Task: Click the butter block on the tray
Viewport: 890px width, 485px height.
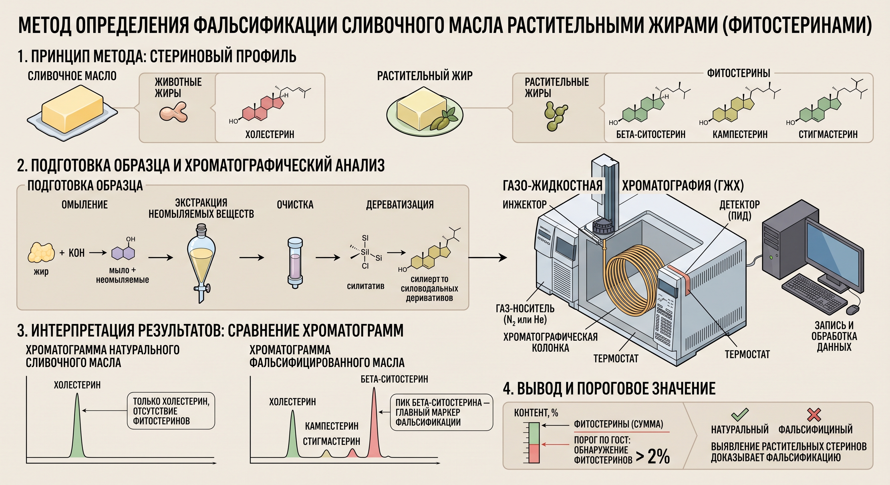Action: coord(73,109)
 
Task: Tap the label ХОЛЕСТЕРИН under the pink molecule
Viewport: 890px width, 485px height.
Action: coord(270,134)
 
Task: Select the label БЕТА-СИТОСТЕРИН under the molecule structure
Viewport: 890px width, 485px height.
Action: coord(650,134)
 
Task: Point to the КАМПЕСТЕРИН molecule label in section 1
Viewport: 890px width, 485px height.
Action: coord(740,134)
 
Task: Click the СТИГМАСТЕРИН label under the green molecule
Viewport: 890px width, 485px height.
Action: coord(828,134)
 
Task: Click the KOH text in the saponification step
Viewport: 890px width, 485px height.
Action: coord(76,253)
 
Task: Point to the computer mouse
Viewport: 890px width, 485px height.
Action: coord(853,310)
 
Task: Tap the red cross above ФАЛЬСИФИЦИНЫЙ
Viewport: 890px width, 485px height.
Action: coord(814,415)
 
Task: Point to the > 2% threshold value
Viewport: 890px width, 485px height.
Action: coord(653,456)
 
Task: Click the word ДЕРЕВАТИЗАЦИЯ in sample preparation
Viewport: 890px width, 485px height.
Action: coord(400,205)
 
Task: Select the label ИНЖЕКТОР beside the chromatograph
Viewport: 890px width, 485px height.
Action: coord(524,205)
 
